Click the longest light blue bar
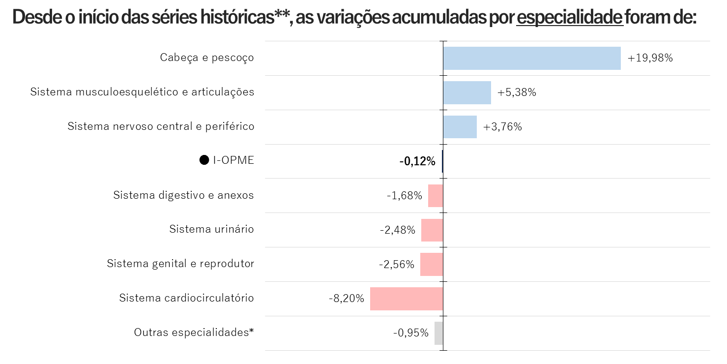click(532, 58)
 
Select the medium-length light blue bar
click(467, 92)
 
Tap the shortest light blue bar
click(460, 127)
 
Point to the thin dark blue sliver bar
click(442, 161)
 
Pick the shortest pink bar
click(436, 196)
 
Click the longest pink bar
click(407, 299)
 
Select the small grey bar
click(438, 333)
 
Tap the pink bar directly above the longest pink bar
click(432, 264)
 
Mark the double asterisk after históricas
click(282, 15)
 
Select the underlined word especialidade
click(570, 18)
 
